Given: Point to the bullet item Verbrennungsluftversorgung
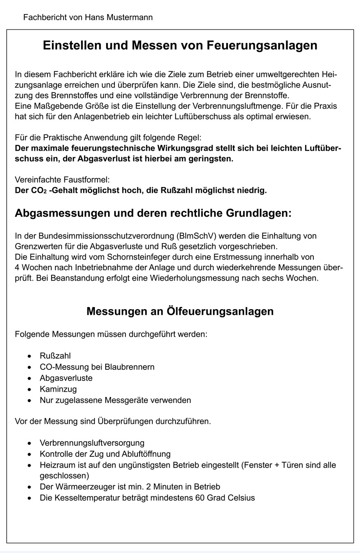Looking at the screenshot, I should (x=92, y=443).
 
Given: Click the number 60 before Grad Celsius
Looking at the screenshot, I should (x=201, y=498).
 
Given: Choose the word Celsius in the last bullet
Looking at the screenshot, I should (x=242, y=498).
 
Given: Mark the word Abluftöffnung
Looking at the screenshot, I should (x=144, y=454).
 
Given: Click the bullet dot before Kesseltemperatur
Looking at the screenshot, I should (x=29, y=498).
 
